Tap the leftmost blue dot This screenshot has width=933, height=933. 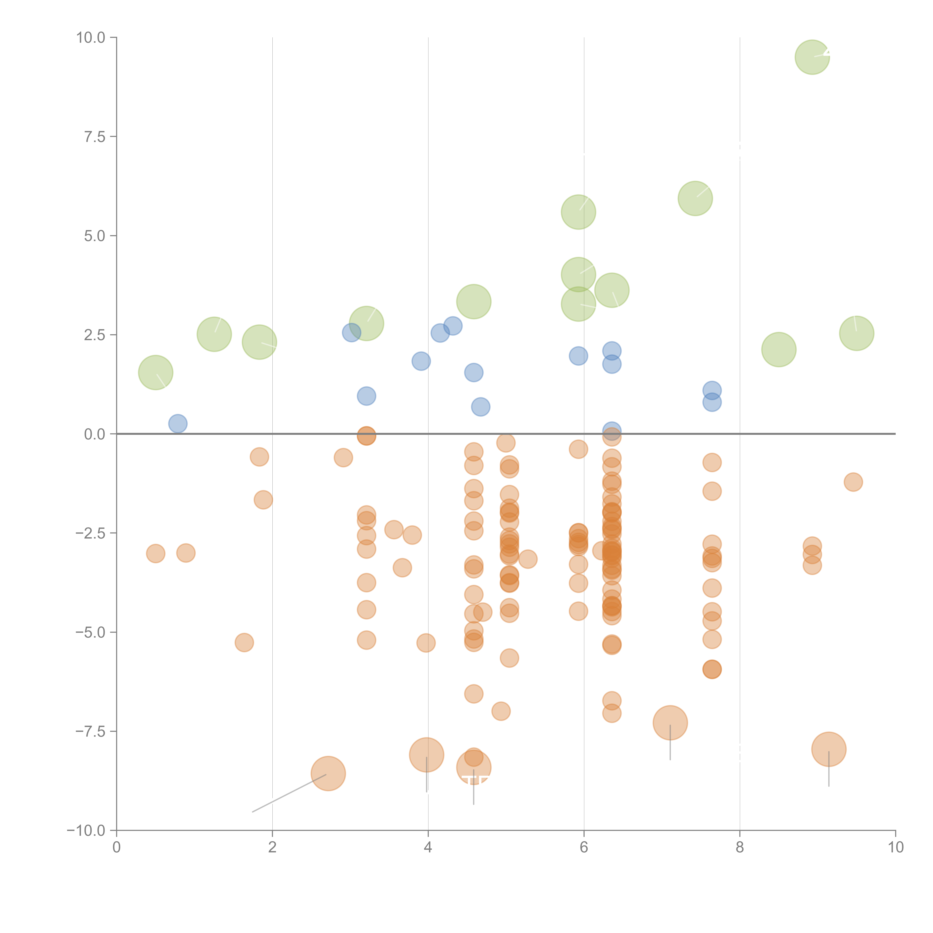178,424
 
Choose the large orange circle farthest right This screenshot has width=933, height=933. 829,749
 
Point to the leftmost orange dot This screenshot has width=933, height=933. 155,553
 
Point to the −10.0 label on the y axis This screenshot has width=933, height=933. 86,831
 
